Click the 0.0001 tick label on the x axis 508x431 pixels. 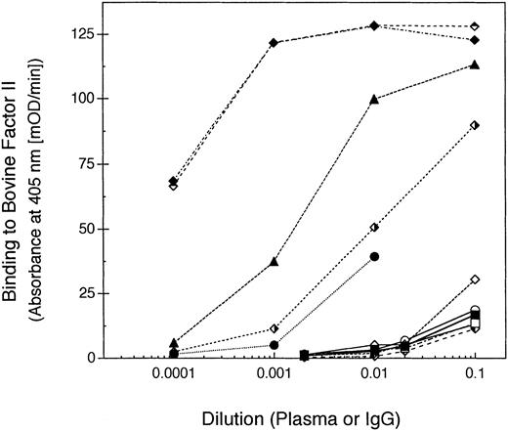(x=173, y=378)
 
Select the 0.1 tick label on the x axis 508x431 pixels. (x=475, y=378)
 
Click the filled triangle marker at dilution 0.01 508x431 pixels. (x=374, y=99)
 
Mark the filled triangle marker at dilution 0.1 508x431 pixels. (x=475, y=65)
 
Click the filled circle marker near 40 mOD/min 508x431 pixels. (x=374, y=256)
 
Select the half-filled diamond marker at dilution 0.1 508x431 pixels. (x=475, y=125)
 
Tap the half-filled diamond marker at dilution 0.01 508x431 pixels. (x=374, y=227)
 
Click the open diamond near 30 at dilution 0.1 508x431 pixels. (x=475, y=280)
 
